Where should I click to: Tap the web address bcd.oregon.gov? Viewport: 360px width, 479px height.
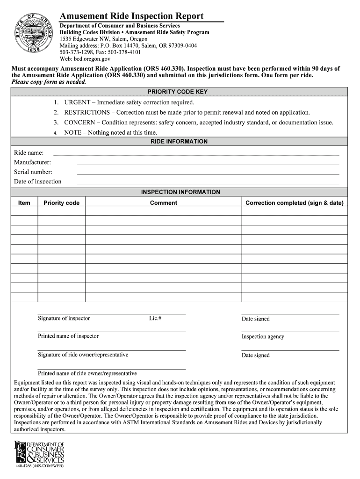91,59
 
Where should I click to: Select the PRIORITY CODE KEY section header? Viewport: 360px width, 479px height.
178,92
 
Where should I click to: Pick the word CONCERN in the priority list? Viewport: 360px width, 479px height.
79,123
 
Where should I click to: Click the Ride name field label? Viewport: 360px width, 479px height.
29,152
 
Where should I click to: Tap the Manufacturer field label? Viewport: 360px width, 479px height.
33,162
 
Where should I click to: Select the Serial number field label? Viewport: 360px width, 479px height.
33,172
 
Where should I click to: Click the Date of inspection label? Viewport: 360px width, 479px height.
37,181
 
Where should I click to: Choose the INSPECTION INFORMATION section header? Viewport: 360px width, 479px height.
180,192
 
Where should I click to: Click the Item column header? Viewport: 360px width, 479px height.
24,203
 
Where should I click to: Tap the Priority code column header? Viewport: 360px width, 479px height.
61,203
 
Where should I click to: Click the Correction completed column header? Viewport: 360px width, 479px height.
294,203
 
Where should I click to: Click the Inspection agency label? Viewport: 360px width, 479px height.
263,337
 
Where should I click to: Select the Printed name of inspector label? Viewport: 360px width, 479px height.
68,336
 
